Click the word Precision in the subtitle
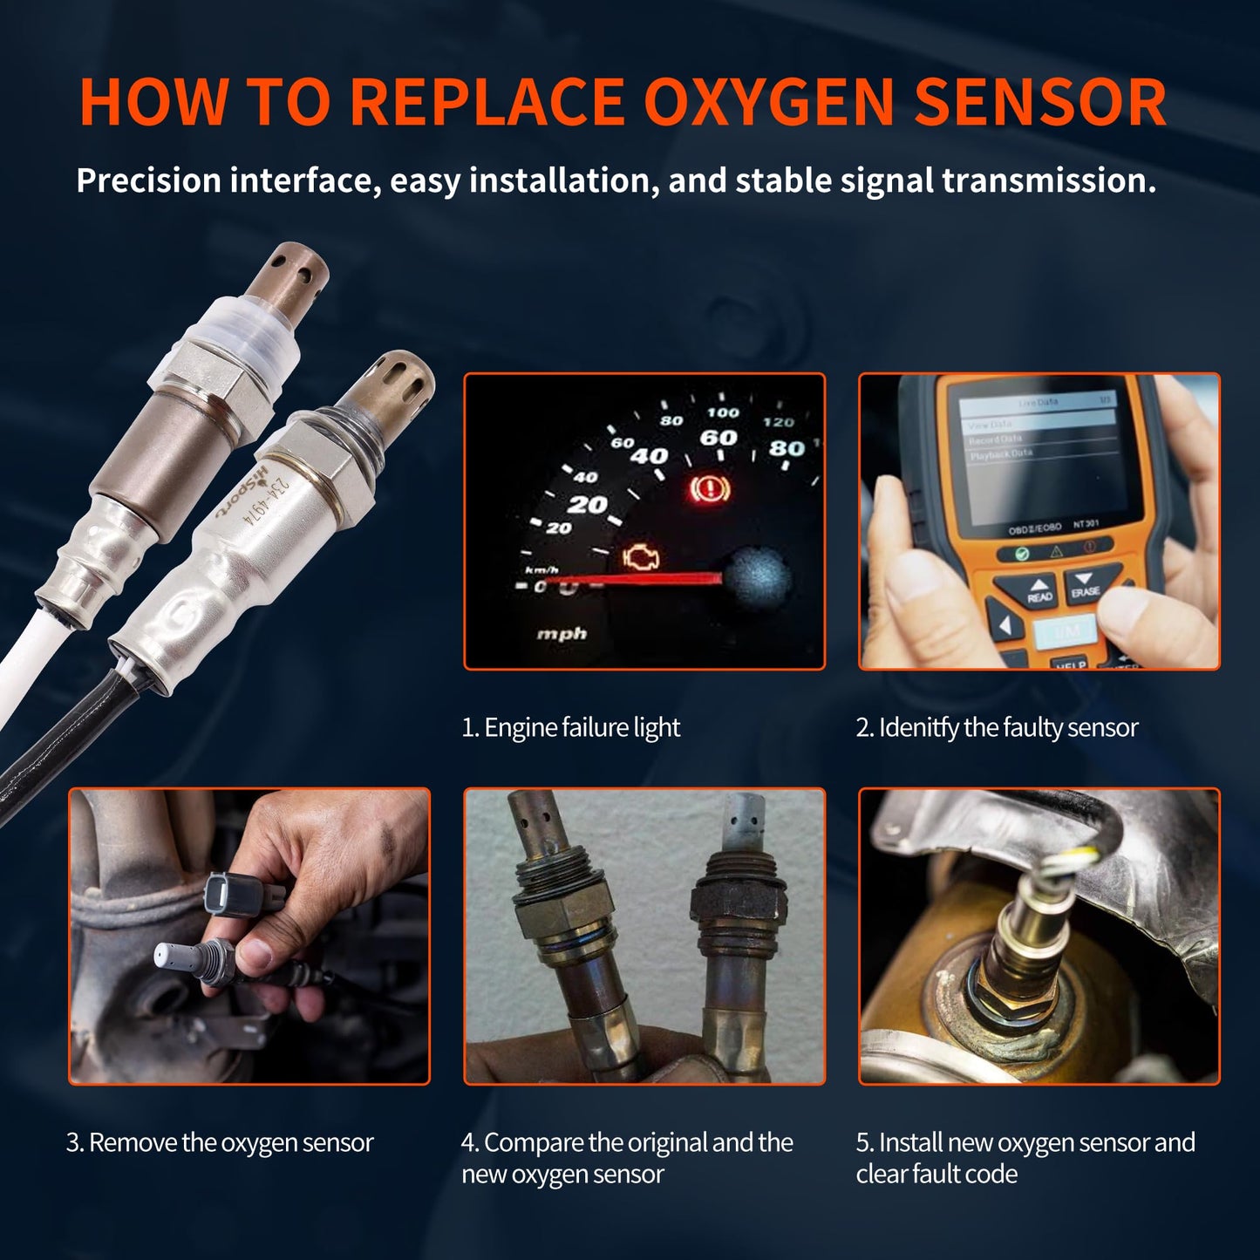[x=149, y=180]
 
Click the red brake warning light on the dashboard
[x=709, y=489]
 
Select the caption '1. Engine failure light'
[x=570, y=727]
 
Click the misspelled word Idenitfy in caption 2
[x=918, y=727]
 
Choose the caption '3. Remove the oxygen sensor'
[x=220, y=1142]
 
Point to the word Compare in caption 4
[x=534, y=1142]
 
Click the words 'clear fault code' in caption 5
[x=936, y=1174]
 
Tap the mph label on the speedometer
[x=561, y=634]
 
